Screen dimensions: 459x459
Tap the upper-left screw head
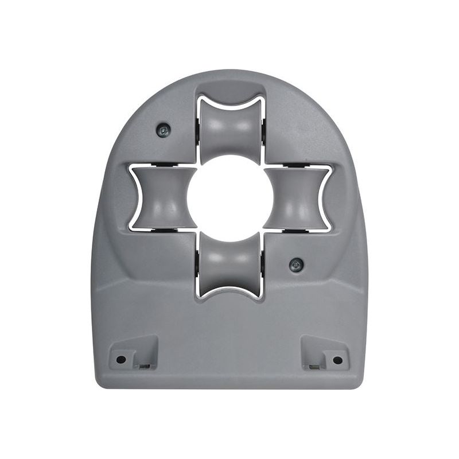click(164, 131)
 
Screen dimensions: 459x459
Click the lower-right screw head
click(296, 264)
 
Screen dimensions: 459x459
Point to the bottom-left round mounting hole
click(121, 360)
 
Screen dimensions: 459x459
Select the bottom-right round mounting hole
click(337, 360)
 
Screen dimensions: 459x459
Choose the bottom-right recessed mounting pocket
click(324, 352)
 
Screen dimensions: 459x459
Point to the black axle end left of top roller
click(198, 131)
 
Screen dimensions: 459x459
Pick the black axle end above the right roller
click(297, 166)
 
